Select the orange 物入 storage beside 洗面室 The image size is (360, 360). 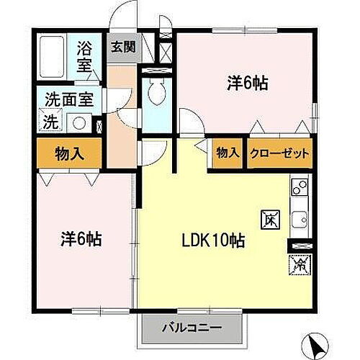[x=70, y=153]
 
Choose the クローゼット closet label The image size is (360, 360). [x=280, y=153]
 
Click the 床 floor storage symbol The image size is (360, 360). [x=266, y=218]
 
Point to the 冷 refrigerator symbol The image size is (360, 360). [x=297, y=266]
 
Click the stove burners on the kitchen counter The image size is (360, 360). [x=299, y=189]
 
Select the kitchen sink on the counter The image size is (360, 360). [x=299, y=217]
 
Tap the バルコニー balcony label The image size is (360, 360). [x=191, y=329]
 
